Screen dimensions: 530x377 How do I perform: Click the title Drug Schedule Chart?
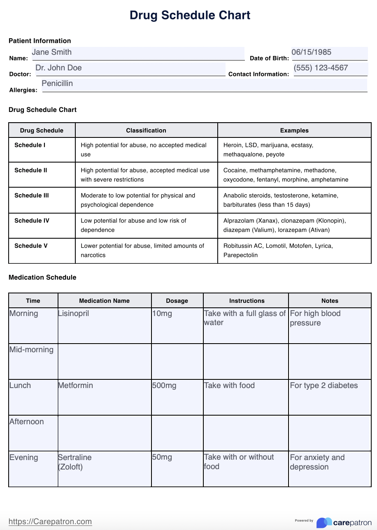(x=190, y=15)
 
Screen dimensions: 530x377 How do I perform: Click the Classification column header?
(x=146, y=130)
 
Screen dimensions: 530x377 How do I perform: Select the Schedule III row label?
(x=31, y=195)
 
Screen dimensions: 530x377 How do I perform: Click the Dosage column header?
(x=177, y=301)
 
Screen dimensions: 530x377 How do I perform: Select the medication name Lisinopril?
(x=74, y=314)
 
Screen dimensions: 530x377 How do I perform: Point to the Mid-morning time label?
(x=32, y=350)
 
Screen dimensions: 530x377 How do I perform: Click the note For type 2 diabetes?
(x=324, y=386)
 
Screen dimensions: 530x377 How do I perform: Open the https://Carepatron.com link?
(x=50, y=521)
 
